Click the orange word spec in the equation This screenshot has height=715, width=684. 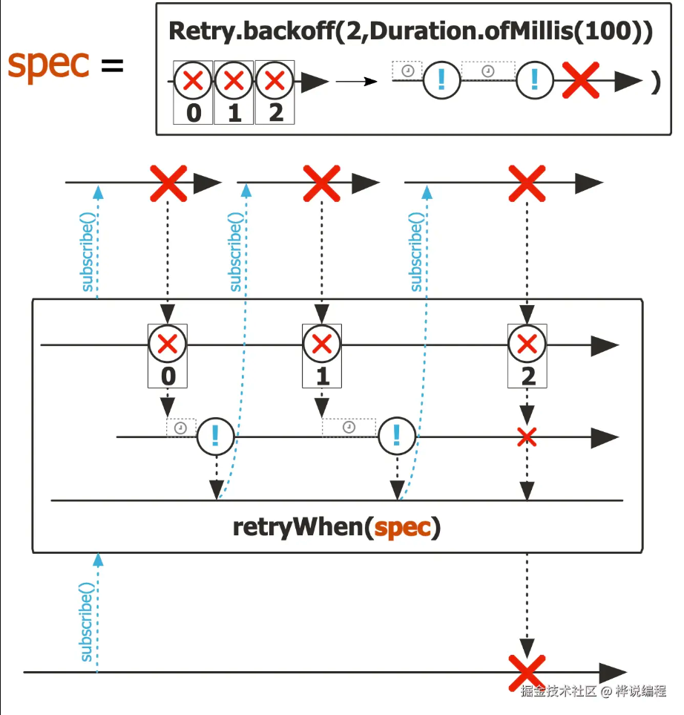pyautogui.click(x=48, y=65)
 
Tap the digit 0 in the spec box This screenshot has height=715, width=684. pyautogui.click(x=194, y=113)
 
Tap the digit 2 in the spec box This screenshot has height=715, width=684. pyautogui.click(x=275, y=113)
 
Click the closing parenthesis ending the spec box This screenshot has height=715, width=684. pyautogui.click(x=655, y=83)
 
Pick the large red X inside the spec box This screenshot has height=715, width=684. pyautogui.click(x=580, y=81)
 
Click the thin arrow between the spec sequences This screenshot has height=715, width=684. pyautogui.click(x=357, y=81)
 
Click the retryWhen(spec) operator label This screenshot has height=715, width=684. pyautogui.click(x=336, y=527)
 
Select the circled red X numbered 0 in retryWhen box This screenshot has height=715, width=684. pyautogui.click(x=168, y=345)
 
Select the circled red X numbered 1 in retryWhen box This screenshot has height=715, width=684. pyautogui.click(x=322, y=345)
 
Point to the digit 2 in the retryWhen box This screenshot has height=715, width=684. pyautogui.click(x=527, y=376)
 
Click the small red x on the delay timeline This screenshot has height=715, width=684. pyautogui.click(x=527, y=438)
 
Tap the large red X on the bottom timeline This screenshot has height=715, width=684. pyautogui.click(x=527, y=671)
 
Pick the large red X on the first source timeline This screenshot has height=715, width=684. pyautogui.click(x=168, y=183)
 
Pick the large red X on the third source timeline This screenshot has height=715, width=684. pyautogui.click(x=527, y=183)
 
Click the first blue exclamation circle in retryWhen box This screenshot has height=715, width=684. pyautogui.click(x=215, y=437)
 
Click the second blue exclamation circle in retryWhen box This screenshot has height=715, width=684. pyautogui.click(x=396, y=437)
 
